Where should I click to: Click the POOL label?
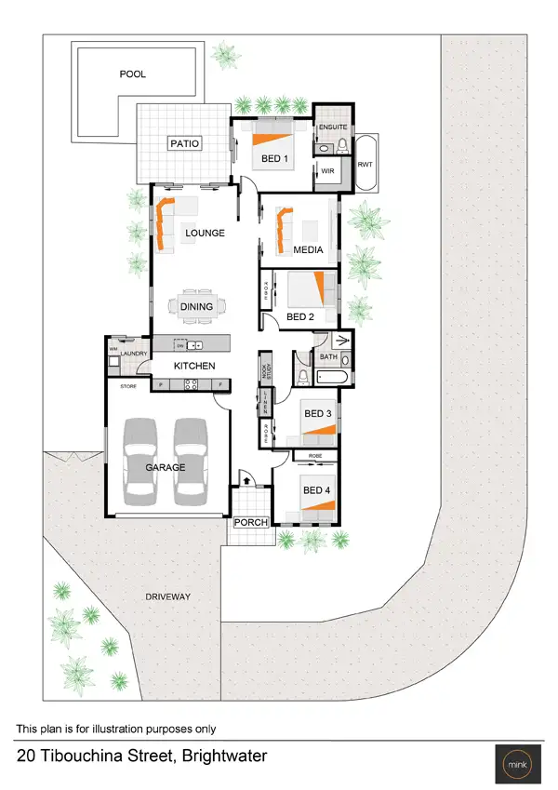(x=133, y=74)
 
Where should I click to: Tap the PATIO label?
(x=183, y=143)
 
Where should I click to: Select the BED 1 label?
(x=274, y=159)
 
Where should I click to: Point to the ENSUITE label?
(x=332, y=127)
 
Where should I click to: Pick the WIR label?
(x=326, y=170)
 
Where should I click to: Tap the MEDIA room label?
(x=308, y=250)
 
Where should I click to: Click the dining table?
(x=197, y=306)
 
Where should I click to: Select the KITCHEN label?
(x=195, y=366)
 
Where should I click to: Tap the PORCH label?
(x=250, y=522)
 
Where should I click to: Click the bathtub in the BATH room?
(x=332, y=377)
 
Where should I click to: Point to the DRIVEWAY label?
(x=168, y=596)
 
